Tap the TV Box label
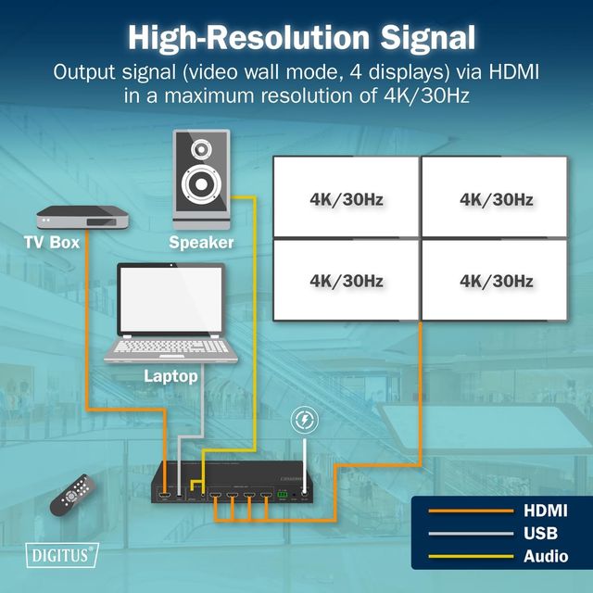(x=52, y=243)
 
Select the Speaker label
(x=201, y=244)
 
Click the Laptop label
(x=170, y=376)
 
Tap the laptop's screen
(x=171, y=298)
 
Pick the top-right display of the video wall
(x=495, y=197)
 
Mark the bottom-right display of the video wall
(x=495, y=280)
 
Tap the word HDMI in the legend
(x=546, y=511)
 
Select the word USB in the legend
(x=542, y=533)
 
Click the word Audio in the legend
(x=546, y=556)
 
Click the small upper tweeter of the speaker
(x=201, y=148)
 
